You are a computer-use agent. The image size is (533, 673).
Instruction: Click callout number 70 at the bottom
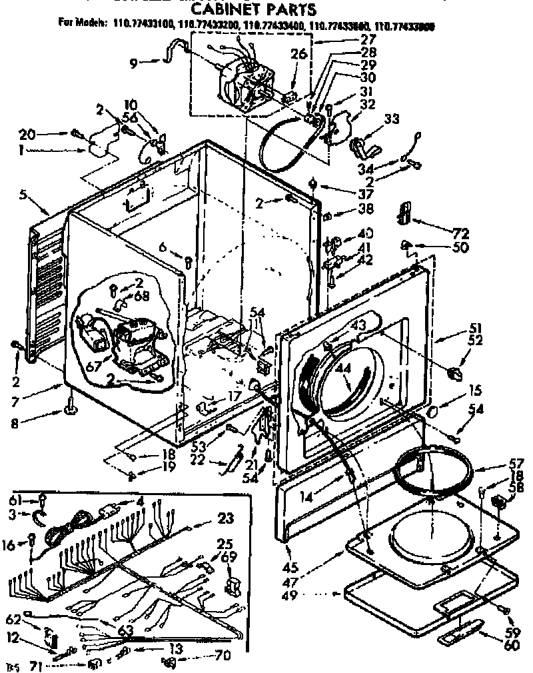[x=223, y=656]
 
